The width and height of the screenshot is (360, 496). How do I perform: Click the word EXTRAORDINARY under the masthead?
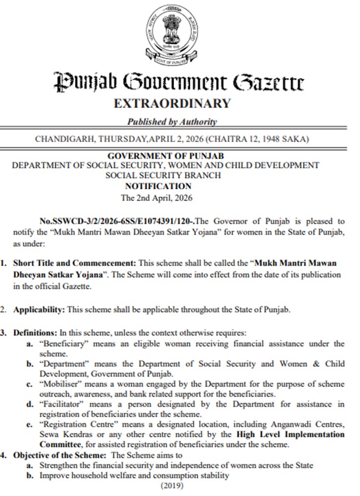coord(172,103)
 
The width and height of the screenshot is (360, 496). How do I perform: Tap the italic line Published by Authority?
coord(172,122)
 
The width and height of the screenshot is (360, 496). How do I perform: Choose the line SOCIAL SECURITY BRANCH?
coord(163,175)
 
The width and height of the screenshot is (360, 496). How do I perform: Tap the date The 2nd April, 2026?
coord(157,198)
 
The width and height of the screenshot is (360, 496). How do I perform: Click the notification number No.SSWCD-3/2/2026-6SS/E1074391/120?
coord(118,221)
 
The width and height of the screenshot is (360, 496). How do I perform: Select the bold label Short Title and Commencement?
coord(75,264)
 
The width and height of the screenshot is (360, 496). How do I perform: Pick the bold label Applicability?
coord(39,310)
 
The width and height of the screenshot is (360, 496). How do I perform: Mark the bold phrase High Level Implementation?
coord(290,434)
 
